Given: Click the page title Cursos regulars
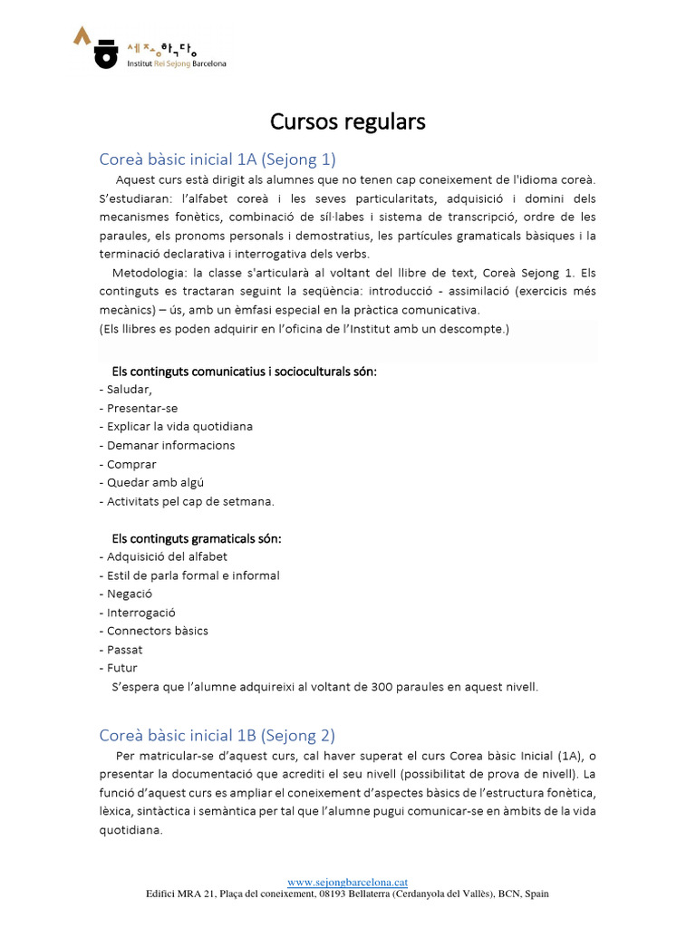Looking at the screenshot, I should click(348, 121).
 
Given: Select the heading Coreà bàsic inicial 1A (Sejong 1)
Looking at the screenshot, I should click(217, 159).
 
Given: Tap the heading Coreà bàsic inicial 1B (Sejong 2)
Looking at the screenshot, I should click(217, 735).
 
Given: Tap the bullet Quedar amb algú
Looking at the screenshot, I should click(150, 482).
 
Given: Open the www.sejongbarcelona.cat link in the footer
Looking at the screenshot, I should click(347, 882).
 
